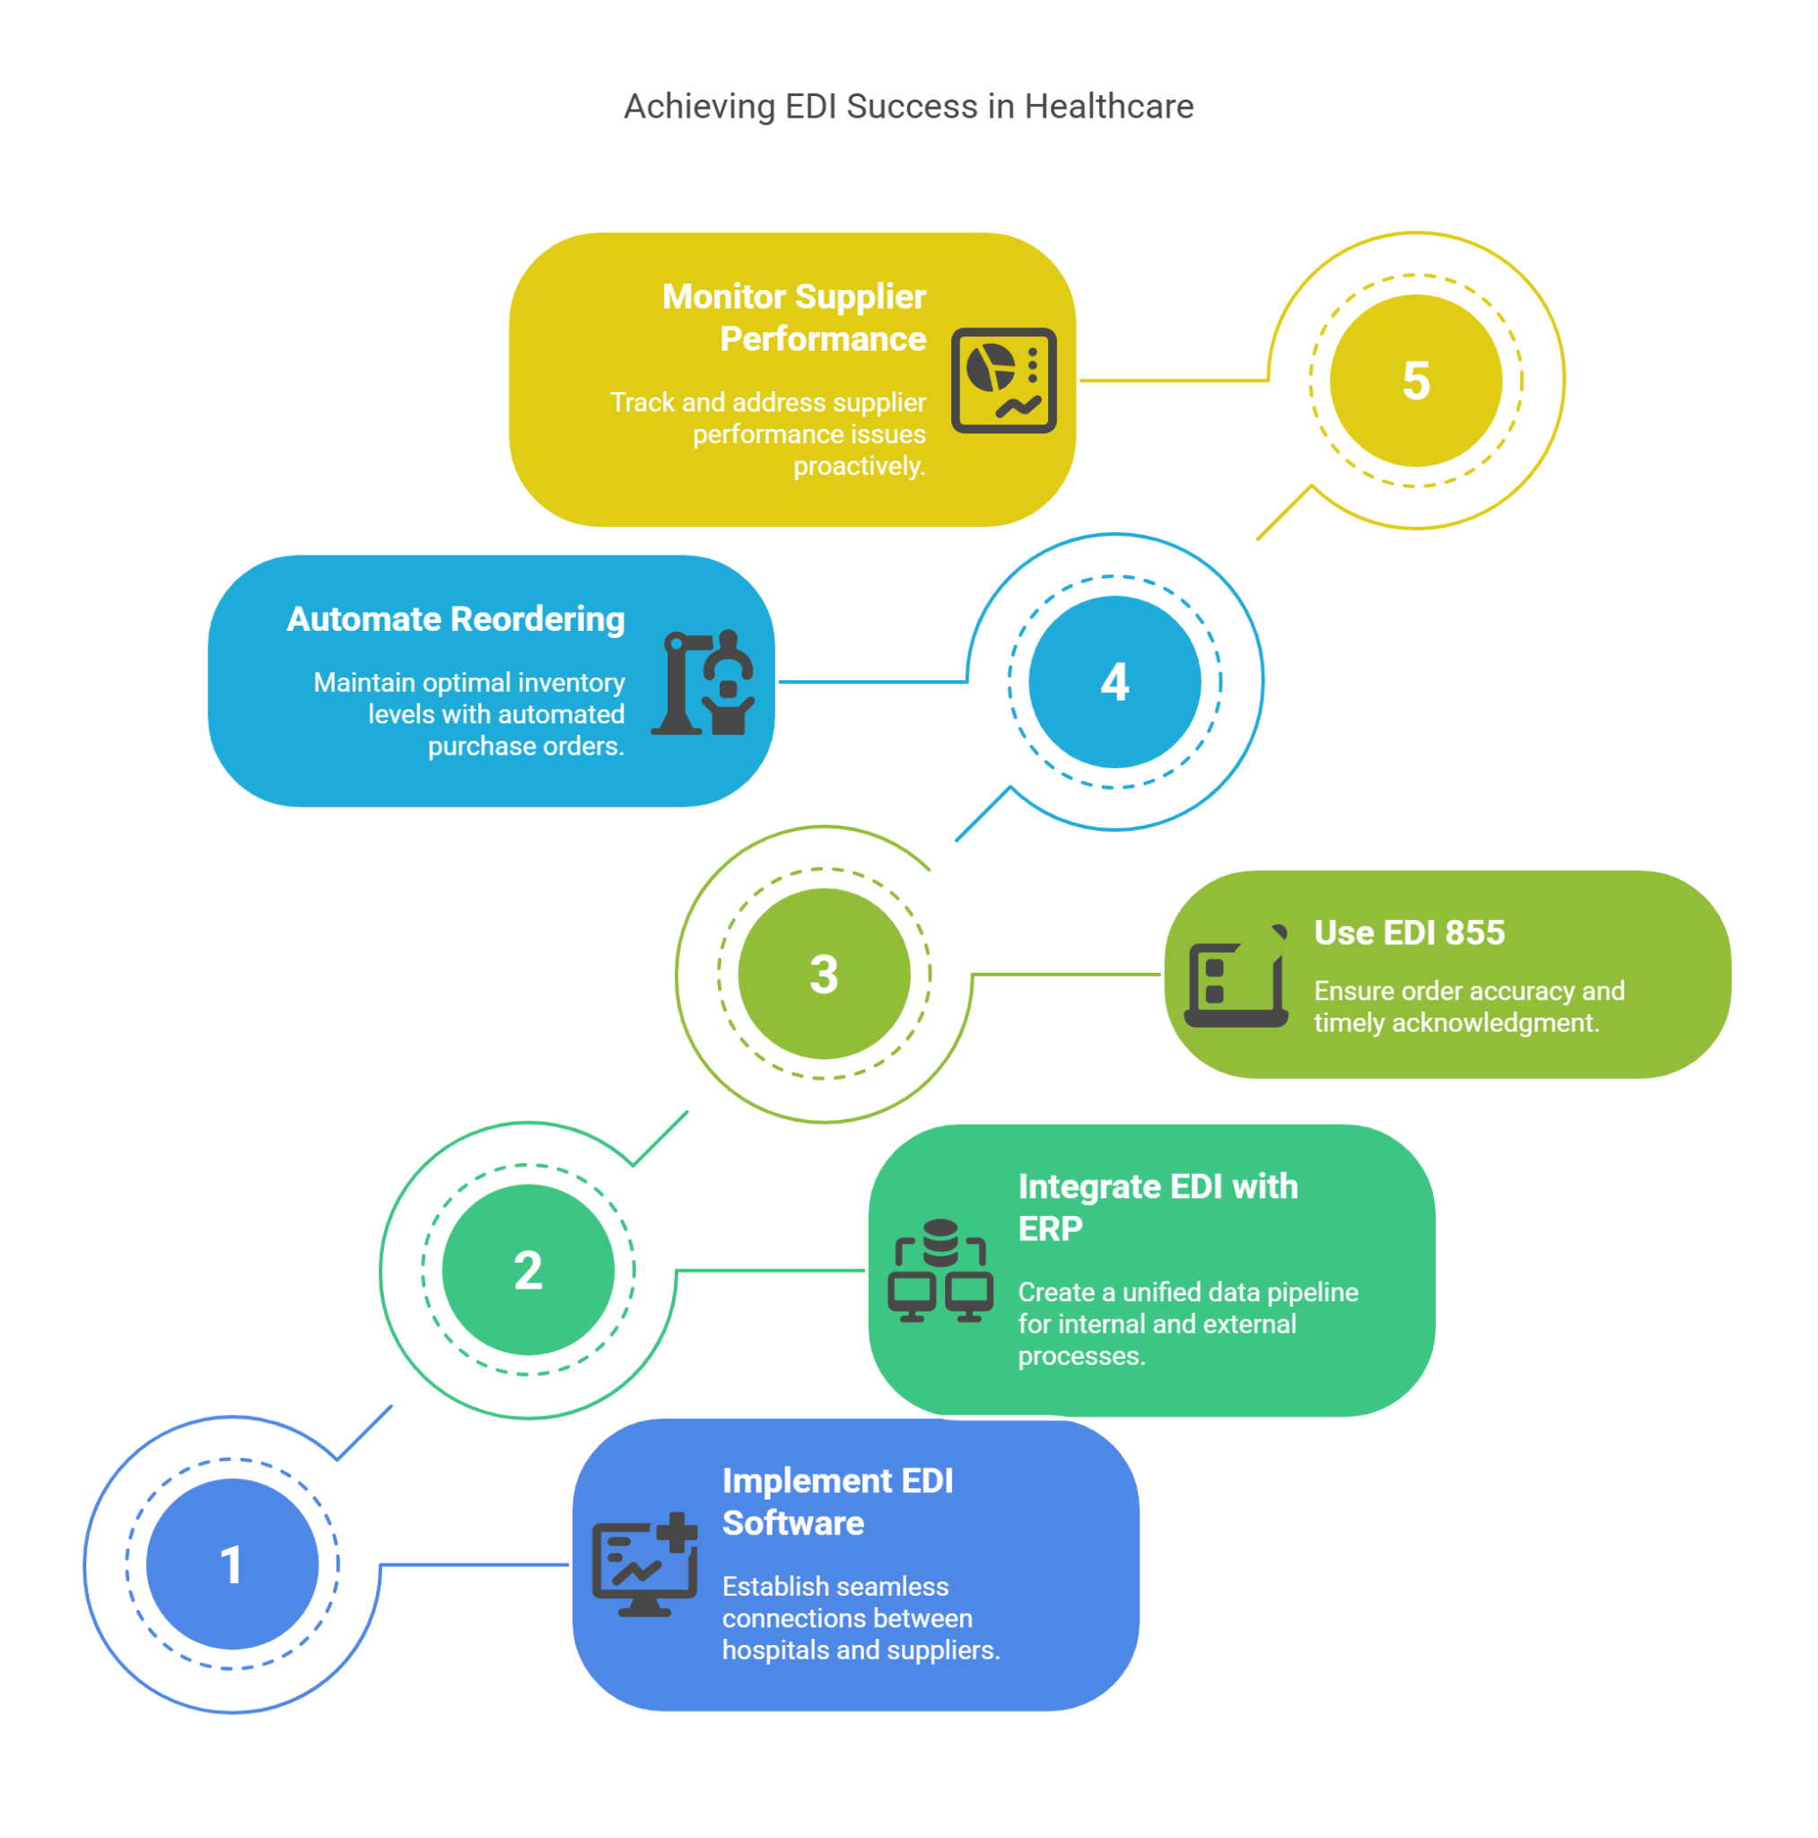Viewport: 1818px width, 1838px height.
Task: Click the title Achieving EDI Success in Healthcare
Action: coord(908,107)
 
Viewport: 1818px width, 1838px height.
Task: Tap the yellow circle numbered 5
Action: coord(1416,381)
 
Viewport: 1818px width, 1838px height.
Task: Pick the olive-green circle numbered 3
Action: coord(824,974)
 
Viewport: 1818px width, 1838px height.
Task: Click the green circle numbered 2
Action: coord(528,1270)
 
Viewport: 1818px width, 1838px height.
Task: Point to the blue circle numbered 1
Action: coord(232,1565)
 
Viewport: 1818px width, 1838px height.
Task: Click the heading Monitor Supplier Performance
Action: coord(794,318)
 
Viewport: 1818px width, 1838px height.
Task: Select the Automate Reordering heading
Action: coord(456,619)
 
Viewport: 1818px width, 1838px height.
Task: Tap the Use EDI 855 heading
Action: coord(1409,933)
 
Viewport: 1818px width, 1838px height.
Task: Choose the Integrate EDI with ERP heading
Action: coord(1157,1207)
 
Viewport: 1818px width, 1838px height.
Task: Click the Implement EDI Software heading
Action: coord(837,1501)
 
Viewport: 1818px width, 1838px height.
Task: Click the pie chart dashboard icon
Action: coord(1003,381)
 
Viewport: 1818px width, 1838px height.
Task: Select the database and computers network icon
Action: coord(940,1270)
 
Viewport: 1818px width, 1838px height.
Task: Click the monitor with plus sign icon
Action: coord(645,1565)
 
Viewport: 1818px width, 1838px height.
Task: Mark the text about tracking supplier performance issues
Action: coord(768,433)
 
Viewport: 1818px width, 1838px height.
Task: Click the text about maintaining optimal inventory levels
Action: coord(469,714)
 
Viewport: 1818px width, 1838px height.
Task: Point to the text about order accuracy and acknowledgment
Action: coord(1468,1007)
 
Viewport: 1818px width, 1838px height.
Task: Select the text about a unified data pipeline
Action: coord(1187,1324)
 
